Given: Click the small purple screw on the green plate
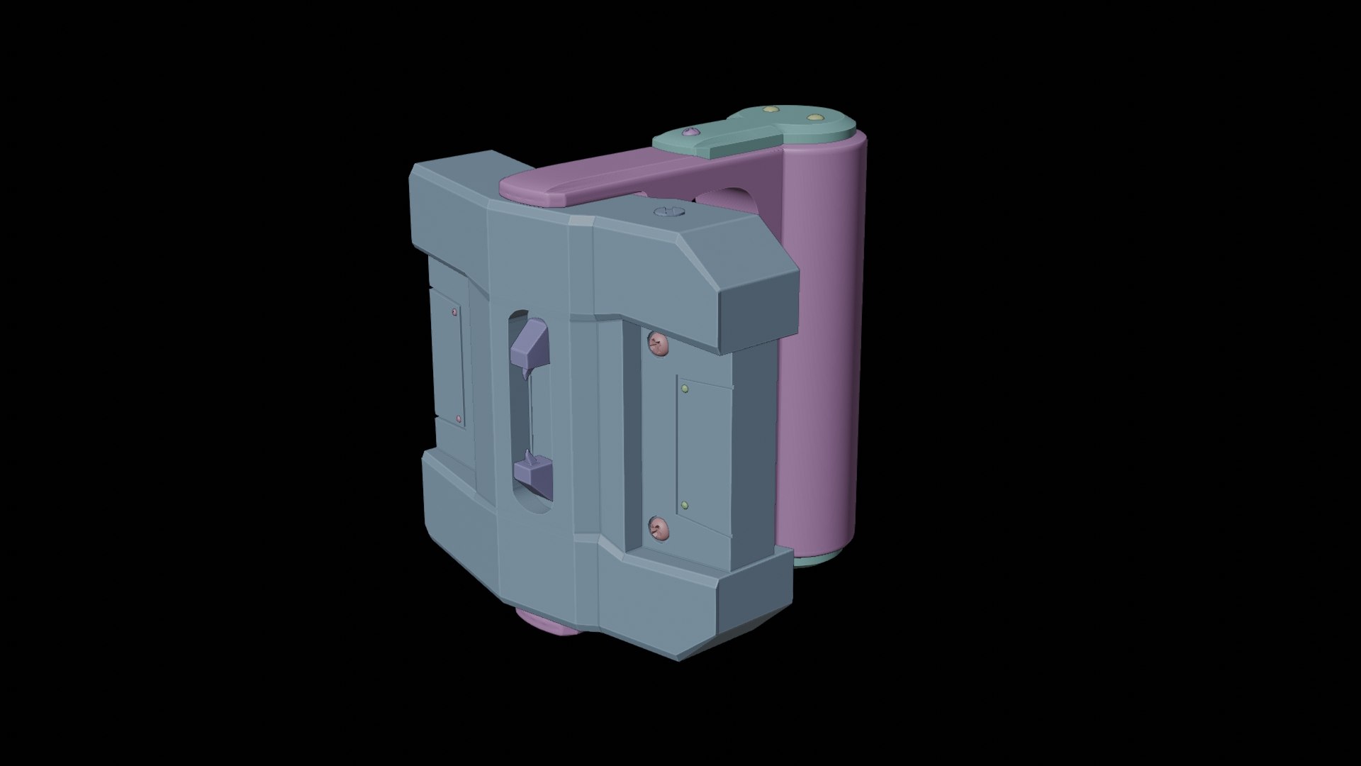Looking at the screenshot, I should tap(689, 132).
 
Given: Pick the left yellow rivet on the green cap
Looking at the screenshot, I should tap(771, 110).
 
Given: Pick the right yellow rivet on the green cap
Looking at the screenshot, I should tap(815, 118).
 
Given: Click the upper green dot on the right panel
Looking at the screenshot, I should tap(685, 389).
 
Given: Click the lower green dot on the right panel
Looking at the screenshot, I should tap(685, 505).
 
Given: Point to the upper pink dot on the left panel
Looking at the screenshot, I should tap(454, 312).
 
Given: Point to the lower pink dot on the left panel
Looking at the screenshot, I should tap(459, 420).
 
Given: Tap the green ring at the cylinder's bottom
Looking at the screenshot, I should tap(815, 562).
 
